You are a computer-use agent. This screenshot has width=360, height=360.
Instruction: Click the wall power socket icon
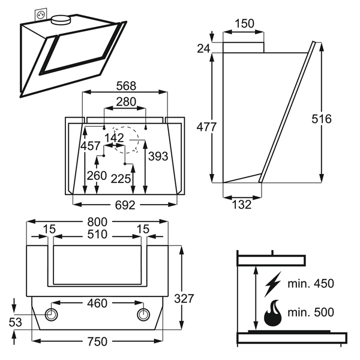pos(41,15)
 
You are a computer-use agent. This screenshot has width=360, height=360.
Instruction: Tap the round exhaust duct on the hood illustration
pos(61,20)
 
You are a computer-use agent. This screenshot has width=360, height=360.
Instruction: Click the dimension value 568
pos(126,86)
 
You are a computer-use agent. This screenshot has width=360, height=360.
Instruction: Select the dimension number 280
pos(126,102)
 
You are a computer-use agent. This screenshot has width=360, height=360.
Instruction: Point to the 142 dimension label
pos(114,138)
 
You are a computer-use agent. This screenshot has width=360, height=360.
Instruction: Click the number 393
pos(158,157)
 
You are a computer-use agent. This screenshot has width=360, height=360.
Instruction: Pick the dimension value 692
pos(125,205)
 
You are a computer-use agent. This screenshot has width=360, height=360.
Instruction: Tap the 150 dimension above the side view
pos(245,23)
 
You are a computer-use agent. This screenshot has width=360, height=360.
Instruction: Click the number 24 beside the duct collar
pos(203,49)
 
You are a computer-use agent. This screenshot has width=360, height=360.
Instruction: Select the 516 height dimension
pos(322,119)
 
